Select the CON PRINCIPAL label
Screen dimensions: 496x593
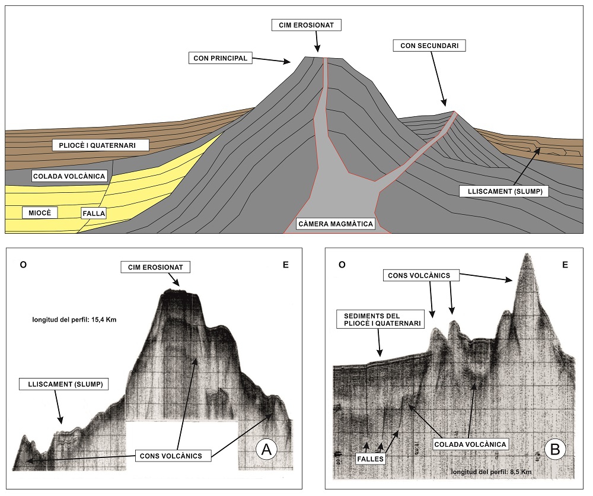221,58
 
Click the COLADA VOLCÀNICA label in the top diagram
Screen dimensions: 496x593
69,176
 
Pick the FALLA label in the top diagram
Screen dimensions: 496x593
93,212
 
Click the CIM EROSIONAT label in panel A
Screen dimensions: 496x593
155,267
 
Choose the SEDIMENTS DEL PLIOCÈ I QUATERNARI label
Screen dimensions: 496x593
379,319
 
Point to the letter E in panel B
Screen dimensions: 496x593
565,265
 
